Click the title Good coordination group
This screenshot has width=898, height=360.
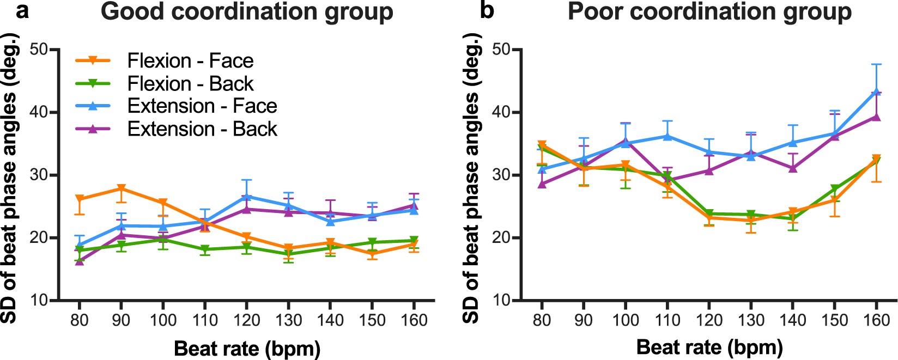point(247,12)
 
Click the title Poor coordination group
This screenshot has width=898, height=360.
point(709,12)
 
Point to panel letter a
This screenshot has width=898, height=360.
point(22,11)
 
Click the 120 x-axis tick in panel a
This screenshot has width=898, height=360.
point(247,320)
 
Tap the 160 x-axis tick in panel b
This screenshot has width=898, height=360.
point(876,320)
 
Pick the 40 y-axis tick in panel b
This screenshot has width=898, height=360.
point(503,113)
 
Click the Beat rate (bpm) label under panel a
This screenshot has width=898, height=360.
point(247,348)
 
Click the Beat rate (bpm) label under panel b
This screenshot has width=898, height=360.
point(709,347)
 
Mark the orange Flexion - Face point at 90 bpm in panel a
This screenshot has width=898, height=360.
point(121,189)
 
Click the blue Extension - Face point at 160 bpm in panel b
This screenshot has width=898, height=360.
point(876,91)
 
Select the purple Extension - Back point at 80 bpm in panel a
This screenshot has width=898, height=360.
point(80,261)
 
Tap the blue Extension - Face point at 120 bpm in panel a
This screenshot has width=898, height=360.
point(247,196)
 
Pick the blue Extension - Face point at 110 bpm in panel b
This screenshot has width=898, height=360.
point(667,136)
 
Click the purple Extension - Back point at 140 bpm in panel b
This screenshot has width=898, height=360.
point(793,168)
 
